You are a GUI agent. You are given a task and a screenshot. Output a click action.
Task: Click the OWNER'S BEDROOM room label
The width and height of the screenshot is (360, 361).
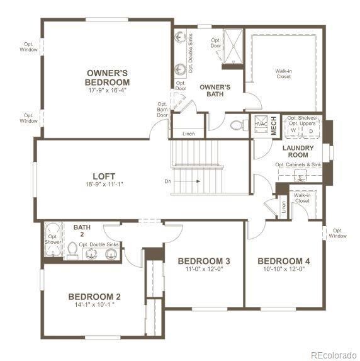[108, 77]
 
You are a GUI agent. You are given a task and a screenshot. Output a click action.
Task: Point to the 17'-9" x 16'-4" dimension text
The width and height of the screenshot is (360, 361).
[108, 90]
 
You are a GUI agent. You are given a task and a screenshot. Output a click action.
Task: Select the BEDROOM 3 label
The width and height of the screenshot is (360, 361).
[203, 261]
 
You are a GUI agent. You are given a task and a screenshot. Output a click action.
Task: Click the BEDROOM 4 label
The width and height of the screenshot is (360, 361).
[283, 261]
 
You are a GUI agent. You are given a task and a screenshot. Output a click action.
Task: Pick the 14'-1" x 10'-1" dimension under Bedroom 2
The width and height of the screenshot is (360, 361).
[94, 306]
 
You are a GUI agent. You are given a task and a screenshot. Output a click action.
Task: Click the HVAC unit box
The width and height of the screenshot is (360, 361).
[261, 124]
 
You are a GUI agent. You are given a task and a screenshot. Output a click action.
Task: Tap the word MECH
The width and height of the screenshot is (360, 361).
[274, 125]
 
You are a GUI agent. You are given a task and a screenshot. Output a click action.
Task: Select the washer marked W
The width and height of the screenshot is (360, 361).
[293, 130]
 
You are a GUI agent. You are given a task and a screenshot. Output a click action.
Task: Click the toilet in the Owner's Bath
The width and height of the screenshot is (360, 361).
[237, 125]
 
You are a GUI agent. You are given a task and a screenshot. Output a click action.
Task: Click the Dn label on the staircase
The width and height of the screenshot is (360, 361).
[168, 181]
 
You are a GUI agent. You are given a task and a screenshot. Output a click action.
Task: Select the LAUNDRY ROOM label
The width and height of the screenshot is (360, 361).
[294, 151]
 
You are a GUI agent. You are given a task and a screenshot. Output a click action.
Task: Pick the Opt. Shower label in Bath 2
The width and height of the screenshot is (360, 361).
[52, 239]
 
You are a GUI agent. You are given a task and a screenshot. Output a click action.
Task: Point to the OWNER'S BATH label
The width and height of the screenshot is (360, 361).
[215, 91]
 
